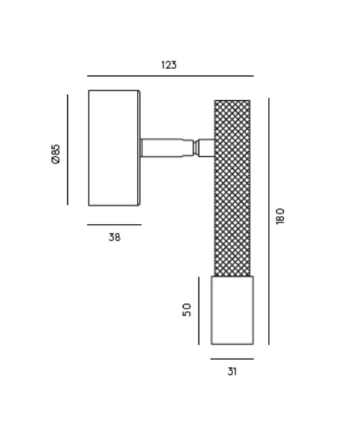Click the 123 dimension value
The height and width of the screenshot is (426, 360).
[x=169, y=65]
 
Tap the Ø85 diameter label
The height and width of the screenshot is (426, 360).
[x=56, y=153]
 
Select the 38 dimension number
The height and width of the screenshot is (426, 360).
[x=115, y=237]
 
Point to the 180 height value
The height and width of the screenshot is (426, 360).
[x=280, y=216]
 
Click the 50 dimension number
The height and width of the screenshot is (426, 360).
[x=187, y=309]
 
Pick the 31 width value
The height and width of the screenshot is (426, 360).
[x=232, y=372]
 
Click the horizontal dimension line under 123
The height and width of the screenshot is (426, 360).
[x=171, y=76]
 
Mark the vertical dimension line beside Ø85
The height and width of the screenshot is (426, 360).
[x=67, y=149]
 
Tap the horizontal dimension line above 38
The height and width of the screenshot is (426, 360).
[x=114, y=225]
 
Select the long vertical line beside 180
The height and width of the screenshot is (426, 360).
[x=269, y=221]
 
